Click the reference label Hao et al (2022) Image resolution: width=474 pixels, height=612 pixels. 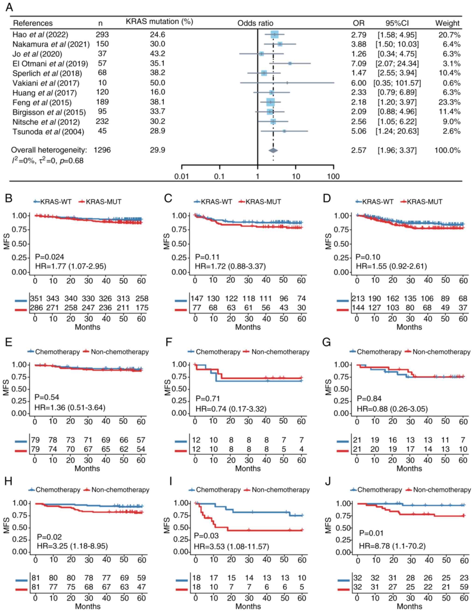point(40,35)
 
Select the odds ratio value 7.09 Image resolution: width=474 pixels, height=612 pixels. point(359,63)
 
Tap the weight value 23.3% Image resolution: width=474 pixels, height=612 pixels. point(449,102)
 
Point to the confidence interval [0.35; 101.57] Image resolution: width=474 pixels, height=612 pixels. point(397,83)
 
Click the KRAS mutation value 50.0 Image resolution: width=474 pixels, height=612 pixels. point(157,83)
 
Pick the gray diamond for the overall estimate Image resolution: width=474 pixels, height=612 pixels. point(273,150)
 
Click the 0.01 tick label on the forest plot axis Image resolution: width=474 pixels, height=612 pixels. point(181,176)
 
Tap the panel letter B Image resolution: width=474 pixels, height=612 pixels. point(9,198)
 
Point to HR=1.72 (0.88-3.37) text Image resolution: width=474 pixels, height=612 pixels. point(230,266)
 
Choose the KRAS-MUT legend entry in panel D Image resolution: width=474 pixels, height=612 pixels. point(422,202)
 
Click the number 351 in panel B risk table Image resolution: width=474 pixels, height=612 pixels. point(36,298)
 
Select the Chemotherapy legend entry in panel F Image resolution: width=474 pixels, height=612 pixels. point(214,352)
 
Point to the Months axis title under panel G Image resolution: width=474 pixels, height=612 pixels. point(409,469)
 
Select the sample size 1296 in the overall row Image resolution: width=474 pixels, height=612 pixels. point(102,150)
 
